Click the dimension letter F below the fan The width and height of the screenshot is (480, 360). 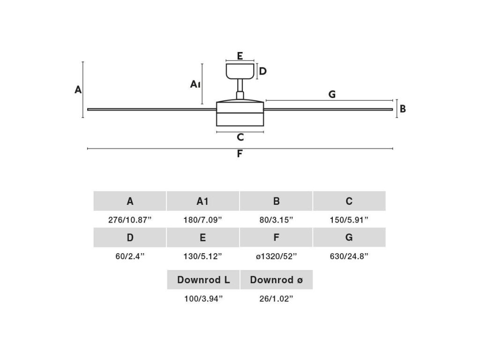click(x=240, y=154)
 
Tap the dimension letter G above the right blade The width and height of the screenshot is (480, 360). click(x=332, y=94)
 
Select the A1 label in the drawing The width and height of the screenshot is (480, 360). click(x=195, y=84)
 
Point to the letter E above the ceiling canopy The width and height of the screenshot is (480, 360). click(x=240, y=56)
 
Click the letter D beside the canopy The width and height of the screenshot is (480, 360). click(x=263, y=71)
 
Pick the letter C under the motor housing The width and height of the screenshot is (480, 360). click(x=240, y=137)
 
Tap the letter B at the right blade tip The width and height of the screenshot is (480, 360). click(x=403, y=109)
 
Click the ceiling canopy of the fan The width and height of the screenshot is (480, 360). click(x=240, y=71)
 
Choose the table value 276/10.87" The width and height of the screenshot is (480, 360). click(x=130, y=220)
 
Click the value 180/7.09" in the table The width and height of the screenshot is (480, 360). click(x=203, y=220)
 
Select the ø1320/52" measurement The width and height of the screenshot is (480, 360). click(x=276, y=256)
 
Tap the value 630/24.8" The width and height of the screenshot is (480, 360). click(x=349, y=256)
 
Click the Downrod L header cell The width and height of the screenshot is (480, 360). click(x=203, y=280)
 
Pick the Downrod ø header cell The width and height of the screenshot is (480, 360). click(x=277, y=280)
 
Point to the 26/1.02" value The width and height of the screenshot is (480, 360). click(x=276, y=299)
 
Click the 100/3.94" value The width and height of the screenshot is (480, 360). click(x=203, y=299)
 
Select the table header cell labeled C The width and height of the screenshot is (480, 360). click(x=349, y=201)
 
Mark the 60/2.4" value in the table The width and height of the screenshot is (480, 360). click(x=130, y=256)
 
